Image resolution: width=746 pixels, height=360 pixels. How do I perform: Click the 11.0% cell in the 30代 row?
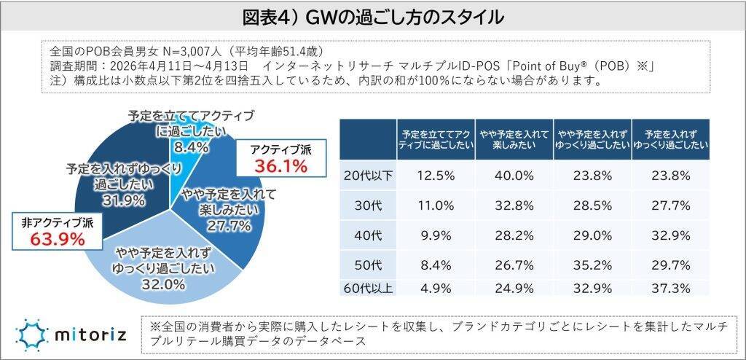click(x=435, y=206)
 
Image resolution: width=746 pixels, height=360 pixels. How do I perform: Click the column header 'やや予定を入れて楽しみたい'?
click(x=514, y=139)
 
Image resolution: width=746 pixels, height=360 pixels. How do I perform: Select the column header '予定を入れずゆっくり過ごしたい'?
click(x=670, y=139)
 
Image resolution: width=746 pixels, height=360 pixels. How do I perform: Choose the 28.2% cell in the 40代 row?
click(x=514, y=234)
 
